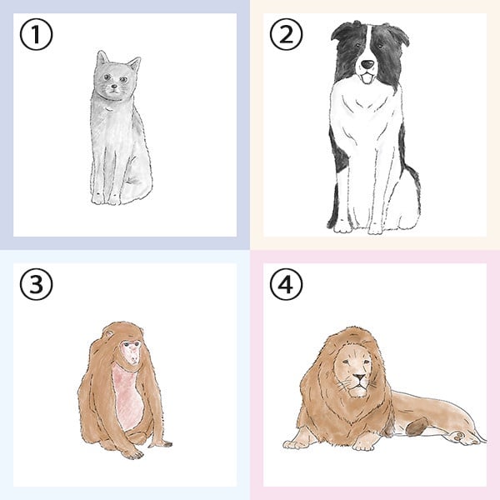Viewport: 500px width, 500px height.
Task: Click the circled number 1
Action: coord(36,34)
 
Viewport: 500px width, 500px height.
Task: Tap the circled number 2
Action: coord(286,34)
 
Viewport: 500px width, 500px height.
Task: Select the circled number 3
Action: coord(36,284)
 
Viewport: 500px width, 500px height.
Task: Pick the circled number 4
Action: coord(286,284)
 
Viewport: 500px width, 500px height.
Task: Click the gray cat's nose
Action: coord(114,86)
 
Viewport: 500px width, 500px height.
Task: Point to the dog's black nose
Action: coord(367,64)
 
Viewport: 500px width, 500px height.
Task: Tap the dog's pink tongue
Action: coord(367,78)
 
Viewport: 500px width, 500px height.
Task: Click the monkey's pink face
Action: coord(132,352)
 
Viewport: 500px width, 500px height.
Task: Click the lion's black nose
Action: coord(360,377)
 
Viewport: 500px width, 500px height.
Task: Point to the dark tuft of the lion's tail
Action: coord(417,427)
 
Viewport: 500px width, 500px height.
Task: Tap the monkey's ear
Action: coord(109,334)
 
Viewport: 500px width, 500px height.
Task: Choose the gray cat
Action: coord(121,127)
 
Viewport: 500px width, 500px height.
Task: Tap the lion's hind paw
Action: coord(463,437)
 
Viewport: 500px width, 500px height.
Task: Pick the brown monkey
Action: coord(124,391)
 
